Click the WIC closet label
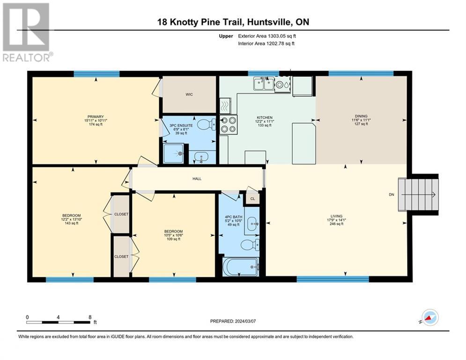coord(189,94)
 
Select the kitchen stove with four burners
coord(228,125)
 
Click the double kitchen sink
coord(264,83)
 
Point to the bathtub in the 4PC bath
coord(240,267)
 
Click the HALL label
coord(197,179)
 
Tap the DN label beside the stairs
coord(392,195)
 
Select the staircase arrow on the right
coord(418,195)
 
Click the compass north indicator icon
coord(430,317)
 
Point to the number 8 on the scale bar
coord(90,317)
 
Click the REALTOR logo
coord(26,32)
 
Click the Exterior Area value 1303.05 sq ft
coord(282,36)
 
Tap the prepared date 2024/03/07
coord(245,321)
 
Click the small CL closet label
coord(252,199)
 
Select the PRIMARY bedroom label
coord(96,117)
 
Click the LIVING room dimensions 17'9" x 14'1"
coord(336,220)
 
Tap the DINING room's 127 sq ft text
coord(361,124)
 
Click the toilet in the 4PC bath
coord(250,245)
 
